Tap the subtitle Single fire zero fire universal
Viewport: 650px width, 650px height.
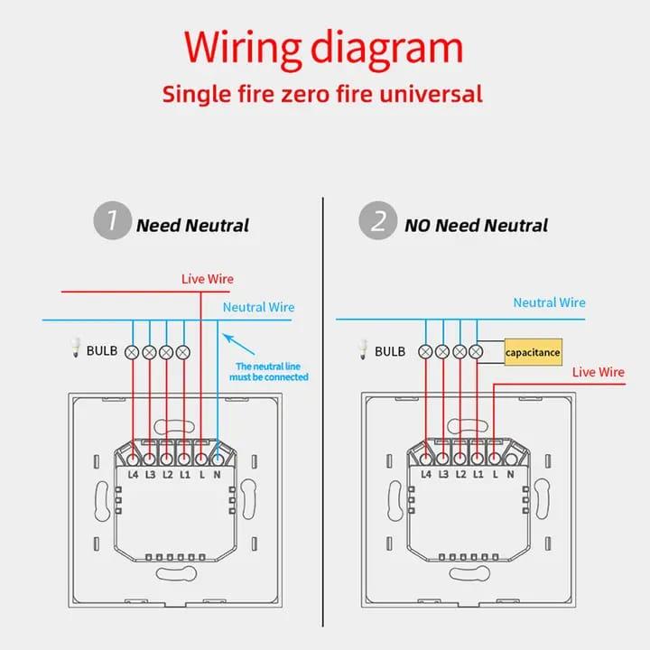coord(322,93)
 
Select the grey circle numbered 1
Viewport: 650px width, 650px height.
coord(112,222)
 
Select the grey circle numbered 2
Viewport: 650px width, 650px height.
coord(377,222)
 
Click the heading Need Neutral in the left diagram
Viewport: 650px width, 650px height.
coord(192,225)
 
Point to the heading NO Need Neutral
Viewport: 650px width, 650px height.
coord(476,225)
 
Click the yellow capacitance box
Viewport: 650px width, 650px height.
coord(533,351)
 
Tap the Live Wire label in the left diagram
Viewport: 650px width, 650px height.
coord(208,279)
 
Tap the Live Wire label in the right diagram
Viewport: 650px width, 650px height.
coord(599,371)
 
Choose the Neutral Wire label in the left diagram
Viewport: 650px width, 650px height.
coord(258,307)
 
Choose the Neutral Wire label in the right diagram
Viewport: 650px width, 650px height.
coord(549,302)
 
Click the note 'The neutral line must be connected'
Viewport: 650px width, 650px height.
coord(272,371)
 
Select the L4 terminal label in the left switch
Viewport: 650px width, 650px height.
coord(133,474)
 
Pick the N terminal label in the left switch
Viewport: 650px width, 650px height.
coord(218,474)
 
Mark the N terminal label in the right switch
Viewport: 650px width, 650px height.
coord(511,474)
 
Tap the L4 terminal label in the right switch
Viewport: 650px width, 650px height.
coord(426,474)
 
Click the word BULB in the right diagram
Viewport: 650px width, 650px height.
coord(390,351)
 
